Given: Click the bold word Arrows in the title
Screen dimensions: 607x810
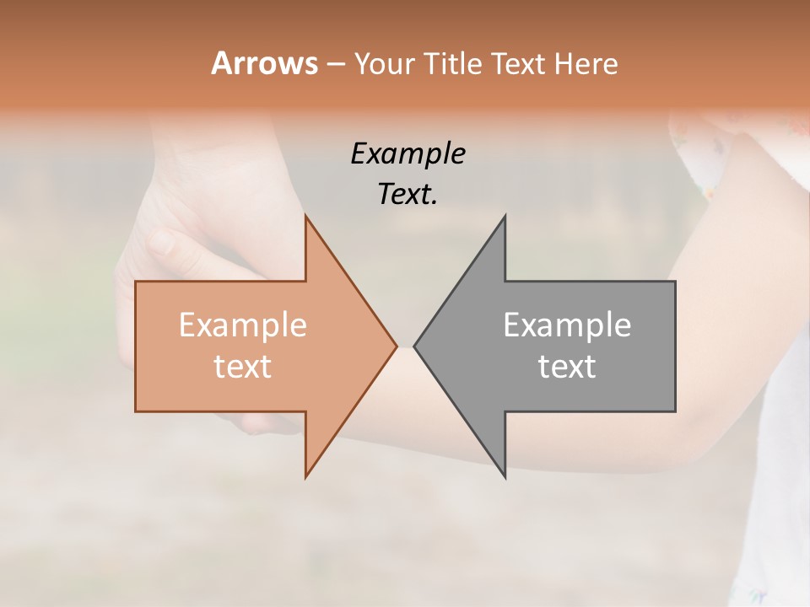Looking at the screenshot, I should (264, 63).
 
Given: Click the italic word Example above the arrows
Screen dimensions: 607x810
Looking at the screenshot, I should (408, 154).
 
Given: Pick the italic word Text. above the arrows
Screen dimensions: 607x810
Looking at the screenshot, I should (408, 195).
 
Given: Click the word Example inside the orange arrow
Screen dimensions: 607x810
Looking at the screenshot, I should (242, 325).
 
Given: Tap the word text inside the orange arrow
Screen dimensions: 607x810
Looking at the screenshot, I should (242, 366).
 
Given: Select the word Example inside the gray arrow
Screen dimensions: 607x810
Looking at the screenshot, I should (567, 325).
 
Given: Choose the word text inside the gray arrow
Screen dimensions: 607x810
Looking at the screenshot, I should (567, 366).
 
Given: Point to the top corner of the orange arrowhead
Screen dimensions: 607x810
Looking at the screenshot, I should (305, 217).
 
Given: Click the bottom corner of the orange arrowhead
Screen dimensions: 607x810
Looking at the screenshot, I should (305, 476).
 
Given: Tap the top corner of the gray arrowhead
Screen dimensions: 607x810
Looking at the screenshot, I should (505, 217).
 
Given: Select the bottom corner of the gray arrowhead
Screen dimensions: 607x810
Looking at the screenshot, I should (505, 476).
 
